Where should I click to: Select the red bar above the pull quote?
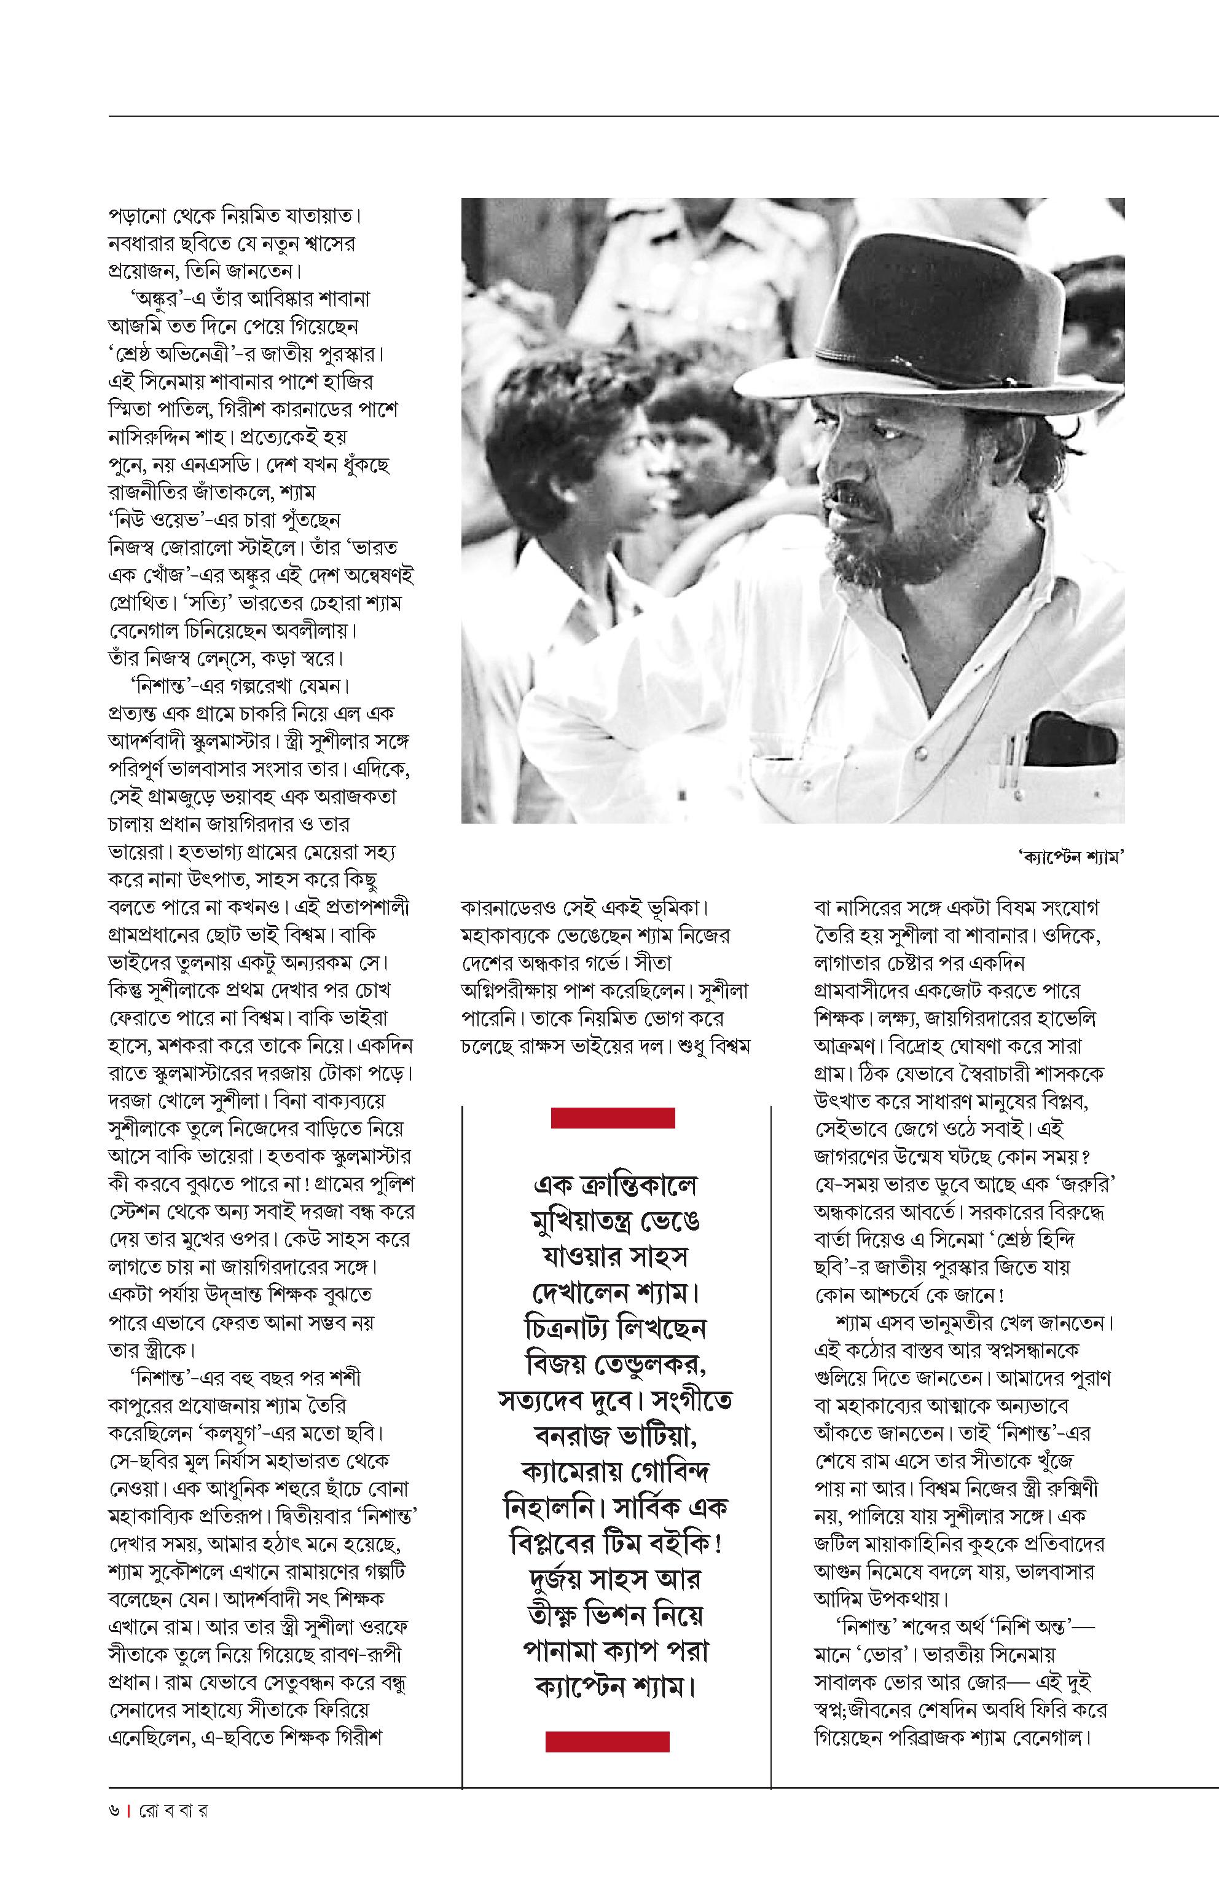(x=613, y=1117)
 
